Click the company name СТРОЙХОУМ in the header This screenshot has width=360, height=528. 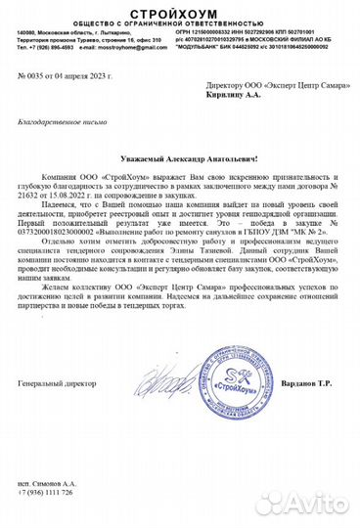(179, 11)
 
